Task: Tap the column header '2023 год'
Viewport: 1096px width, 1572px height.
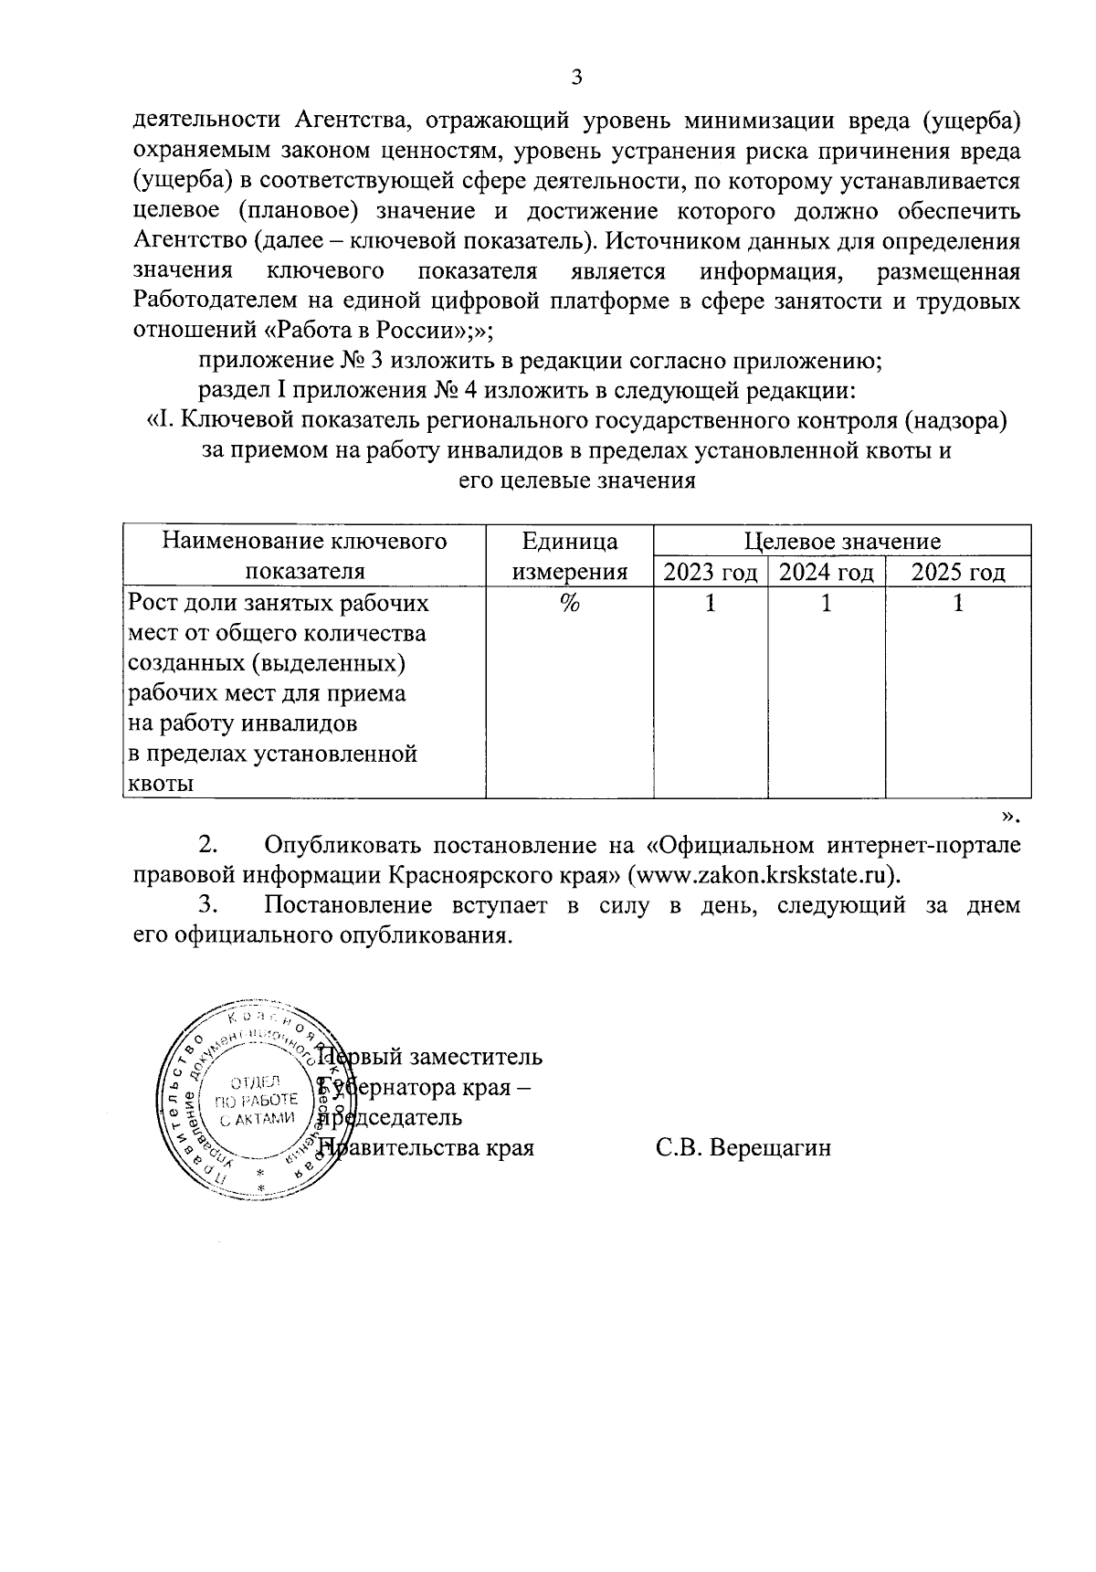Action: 711,573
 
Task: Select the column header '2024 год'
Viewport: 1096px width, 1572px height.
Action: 827,573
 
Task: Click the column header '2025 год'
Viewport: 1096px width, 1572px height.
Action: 958,573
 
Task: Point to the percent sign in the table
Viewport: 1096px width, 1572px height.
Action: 571,604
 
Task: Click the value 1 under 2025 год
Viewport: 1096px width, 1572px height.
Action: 958,604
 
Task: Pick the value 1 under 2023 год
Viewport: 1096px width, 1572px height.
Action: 711,604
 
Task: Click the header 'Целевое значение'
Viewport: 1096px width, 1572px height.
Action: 842,542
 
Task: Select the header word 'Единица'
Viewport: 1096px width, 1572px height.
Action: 570,542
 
